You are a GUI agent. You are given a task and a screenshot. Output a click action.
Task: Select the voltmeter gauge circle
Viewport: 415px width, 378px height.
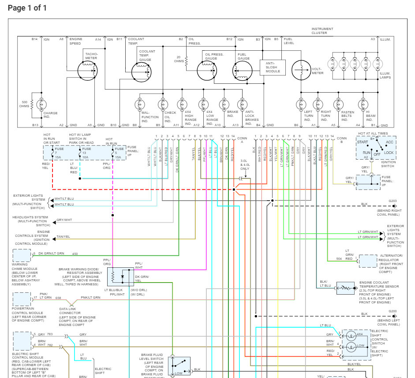[x=302, y=69]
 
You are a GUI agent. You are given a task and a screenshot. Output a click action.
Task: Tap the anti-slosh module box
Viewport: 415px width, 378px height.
[x=272, y=67]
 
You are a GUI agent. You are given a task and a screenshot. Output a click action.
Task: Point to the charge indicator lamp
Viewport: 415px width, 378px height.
[x=41, y=104]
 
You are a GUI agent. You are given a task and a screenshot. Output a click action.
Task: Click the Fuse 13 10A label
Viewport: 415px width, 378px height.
[x=84, y=153]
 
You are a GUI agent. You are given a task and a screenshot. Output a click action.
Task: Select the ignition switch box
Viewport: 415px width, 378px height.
[x=376, y=148]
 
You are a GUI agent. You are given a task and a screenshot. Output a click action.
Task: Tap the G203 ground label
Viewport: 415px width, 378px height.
[x=392, y=201]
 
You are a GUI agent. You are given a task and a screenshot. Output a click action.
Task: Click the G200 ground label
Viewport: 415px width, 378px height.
[x=392, y=311]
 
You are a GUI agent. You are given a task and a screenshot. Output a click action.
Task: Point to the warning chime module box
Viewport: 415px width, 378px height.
[x=21, y=256]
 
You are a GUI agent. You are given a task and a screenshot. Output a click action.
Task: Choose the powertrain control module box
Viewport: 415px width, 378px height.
[x=21, y=299]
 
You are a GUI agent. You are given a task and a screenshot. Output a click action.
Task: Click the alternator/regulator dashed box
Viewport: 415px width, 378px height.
[x=368, y=261]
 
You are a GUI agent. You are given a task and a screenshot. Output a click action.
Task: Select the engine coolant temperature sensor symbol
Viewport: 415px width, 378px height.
[x=345, y=288]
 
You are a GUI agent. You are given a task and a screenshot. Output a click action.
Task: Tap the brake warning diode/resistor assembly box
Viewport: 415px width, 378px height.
[x=120, y=276]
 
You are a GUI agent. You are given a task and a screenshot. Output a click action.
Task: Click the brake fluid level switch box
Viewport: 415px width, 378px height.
[x=179, y=366]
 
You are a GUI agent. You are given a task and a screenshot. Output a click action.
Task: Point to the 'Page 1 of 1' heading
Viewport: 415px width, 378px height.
[x=27, y=8]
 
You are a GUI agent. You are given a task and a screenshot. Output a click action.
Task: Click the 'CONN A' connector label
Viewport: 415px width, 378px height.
[x=242, y=140]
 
